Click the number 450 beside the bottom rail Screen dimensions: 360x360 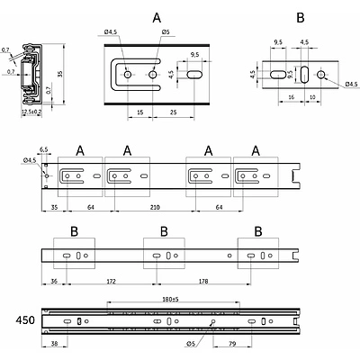[25, 320]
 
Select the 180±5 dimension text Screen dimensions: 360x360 [170, 299]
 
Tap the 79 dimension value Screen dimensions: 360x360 [232, 344]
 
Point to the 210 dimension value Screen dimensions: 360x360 [155, 207]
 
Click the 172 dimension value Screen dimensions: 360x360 [111, 282]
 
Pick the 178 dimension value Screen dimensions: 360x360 [203, 282]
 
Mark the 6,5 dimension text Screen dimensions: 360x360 [44, 149]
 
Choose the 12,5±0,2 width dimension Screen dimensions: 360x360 [31, 112]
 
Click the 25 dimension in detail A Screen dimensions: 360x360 [173, 112]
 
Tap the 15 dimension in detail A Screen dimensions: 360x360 [139, 112]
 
